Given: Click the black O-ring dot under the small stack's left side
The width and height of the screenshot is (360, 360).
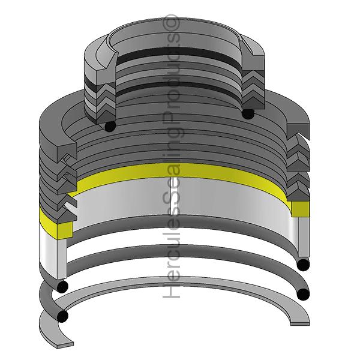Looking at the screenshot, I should (109, 127).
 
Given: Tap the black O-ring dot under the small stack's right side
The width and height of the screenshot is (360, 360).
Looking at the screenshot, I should (247, 113).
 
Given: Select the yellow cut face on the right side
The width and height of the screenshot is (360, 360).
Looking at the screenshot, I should (300, 208).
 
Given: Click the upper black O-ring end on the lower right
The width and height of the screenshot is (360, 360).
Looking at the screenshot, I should (304, 265).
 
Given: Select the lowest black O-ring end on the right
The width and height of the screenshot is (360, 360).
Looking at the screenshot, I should (303, 294).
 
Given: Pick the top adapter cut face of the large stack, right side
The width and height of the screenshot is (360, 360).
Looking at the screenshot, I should (298, 128).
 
